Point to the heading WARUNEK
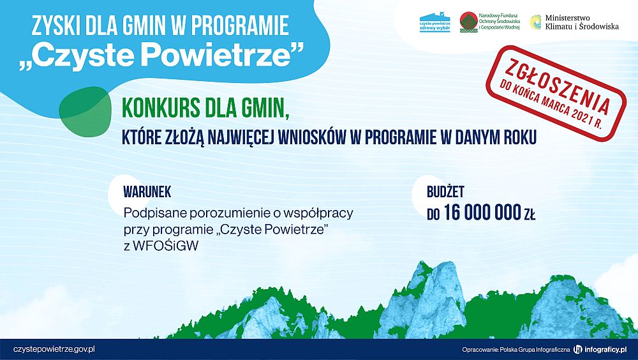pos(147,191)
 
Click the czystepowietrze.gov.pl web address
pos(54,349)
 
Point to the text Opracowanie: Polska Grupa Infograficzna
pos(516,350)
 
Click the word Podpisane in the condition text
pos(151,211)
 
